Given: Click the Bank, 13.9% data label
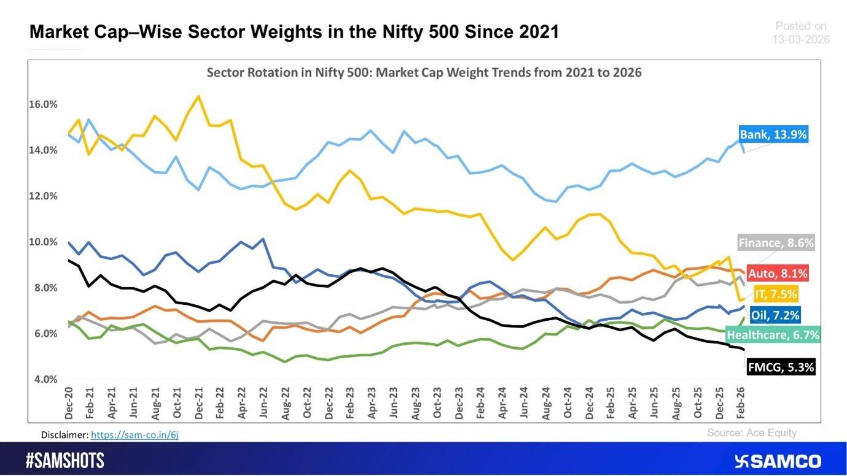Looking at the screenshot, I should point(773,134).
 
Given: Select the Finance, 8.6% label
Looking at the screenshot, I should point(776,243).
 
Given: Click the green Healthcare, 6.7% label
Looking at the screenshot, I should point(773,335).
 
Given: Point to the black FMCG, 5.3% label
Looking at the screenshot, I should point(781,367).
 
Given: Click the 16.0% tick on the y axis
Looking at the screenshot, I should point(43,104).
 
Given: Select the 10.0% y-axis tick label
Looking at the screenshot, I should point(43,242).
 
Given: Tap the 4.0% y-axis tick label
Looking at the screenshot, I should point(45,380).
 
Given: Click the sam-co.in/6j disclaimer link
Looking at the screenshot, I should point(135,435).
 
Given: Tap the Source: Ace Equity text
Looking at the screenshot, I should point(751,432).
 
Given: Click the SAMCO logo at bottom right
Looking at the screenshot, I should point(777,461).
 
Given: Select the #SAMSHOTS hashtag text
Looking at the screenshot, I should point(64,461).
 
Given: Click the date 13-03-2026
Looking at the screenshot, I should point(800,39).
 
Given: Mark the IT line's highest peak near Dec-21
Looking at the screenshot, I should point(198,96).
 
